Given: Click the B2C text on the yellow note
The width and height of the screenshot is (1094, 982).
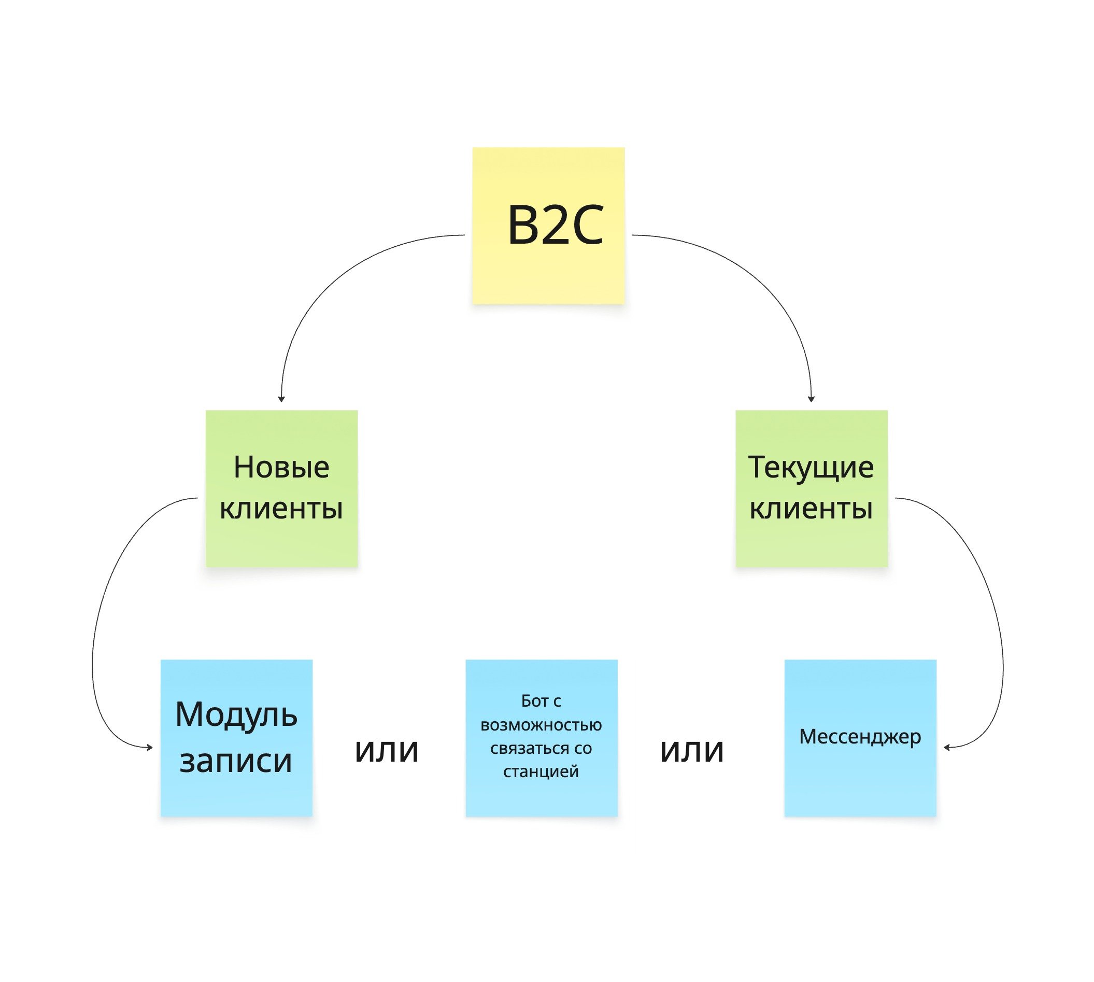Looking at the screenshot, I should [x=555, y=225].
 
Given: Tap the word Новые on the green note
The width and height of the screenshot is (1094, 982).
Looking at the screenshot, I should [x=281, y=467].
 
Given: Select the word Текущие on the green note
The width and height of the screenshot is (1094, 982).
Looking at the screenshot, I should [x=811, y=467].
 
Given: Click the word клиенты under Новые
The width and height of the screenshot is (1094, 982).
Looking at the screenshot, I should [x=281, y=508].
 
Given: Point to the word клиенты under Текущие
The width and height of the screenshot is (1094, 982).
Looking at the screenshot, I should [x=811, y=508].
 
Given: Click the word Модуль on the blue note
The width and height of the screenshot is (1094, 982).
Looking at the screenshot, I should [x=236, y=716].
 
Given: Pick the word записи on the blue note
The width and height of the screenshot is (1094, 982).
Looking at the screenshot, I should [x=236, y=761].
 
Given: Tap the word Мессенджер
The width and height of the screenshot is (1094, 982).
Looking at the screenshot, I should [x=859, y=736].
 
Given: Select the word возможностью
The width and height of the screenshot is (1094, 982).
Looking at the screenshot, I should [x=541, y=725].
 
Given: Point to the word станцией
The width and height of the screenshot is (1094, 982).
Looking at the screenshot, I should [x=541, y=771].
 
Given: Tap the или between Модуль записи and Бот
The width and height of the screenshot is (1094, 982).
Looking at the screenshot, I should [x=387, y=750].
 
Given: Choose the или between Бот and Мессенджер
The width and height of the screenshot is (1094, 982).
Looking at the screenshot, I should [x=692, y=750].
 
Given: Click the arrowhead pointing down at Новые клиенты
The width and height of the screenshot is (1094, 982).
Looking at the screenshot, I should [x=281, y=399].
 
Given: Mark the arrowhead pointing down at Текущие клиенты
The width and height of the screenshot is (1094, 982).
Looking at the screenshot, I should [x=811, y=399].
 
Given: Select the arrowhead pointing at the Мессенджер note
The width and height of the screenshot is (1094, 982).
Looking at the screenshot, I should [x=947, y=747].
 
